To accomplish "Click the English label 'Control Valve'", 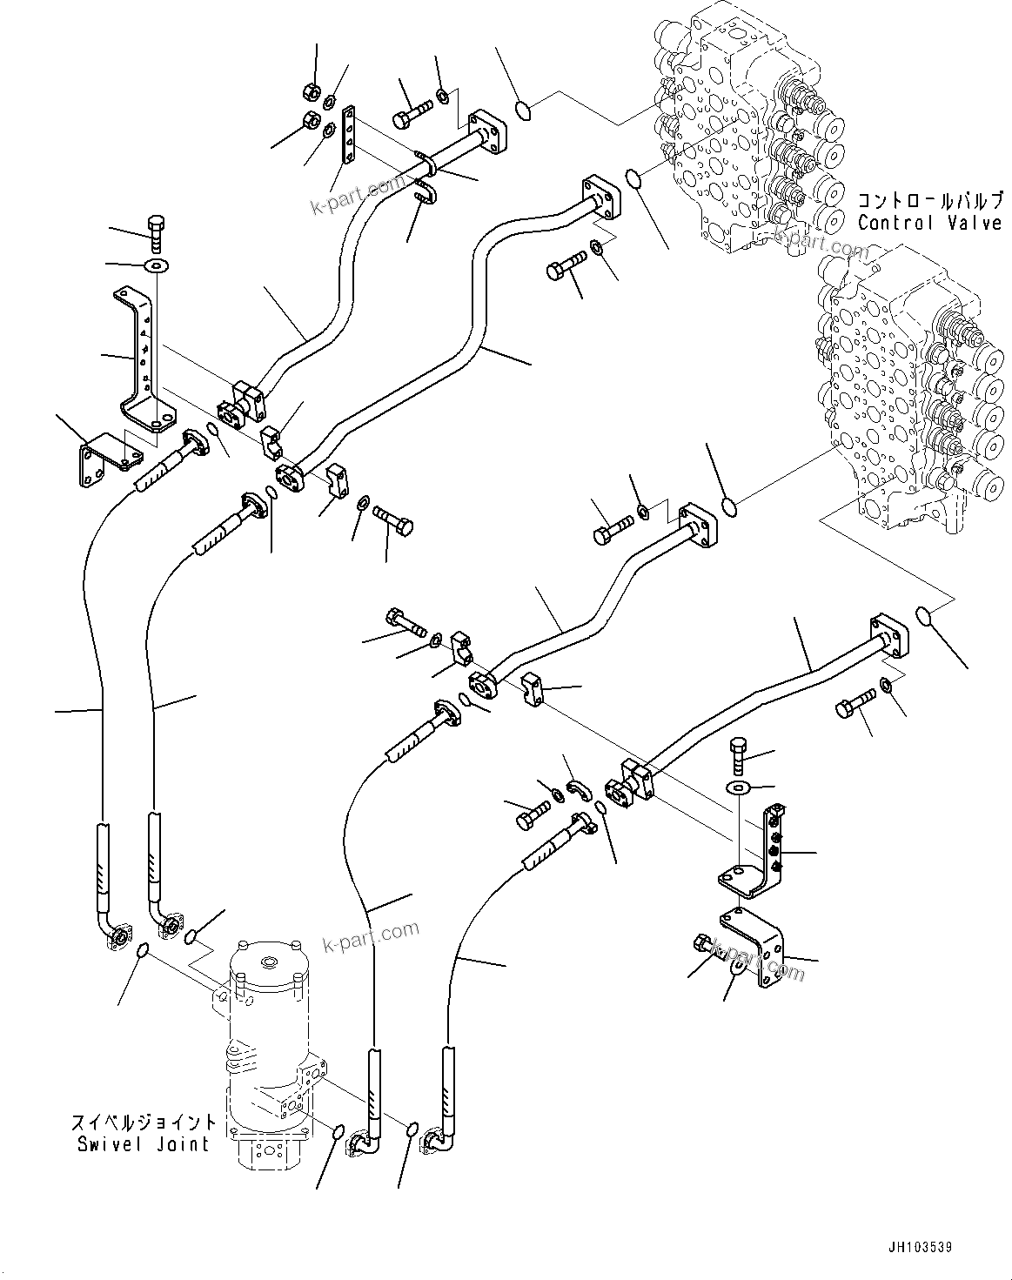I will click(x=928, y=223).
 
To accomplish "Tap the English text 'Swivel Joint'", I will click(x=144, y=1143).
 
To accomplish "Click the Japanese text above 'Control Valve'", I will click(x=928, y=201).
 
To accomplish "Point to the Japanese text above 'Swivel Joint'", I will click(x=144, y=1122).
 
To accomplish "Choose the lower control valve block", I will click(x=905, y=392).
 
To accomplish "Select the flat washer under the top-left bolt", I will click(x=157, y=265).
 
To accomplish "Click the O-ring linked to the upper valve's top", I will click(x=524, y=109).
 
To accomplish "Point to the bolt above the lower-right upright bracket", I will click(x=737, y=752).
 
